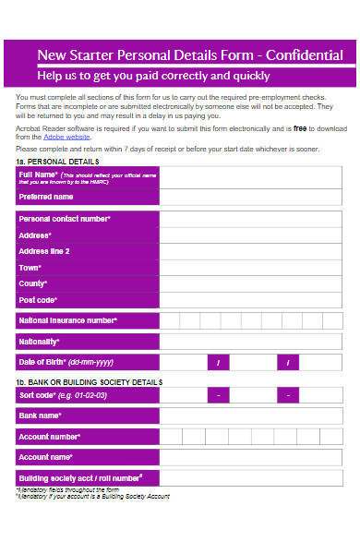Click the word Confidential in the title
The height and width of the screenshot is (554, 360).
(304, 55)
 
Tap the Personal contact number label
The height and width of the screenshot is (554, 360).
(65, 219)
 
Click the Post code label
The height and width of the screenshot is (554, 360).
(38, 300)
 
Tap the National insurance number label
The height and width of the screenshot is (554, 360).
(67, 320)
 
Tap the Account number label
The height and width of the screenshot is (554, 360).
(50, 436)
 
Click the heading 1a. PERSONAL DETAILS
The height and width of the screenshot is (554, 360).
(57, 162)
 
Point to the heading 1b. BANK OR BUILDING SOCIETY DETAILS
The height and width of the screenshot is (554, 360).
(89, 381)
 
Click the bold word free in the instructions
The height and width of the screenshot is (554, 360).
(273, 129)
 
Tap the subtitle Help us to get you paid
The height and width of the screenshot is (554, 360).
(153, 76)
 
